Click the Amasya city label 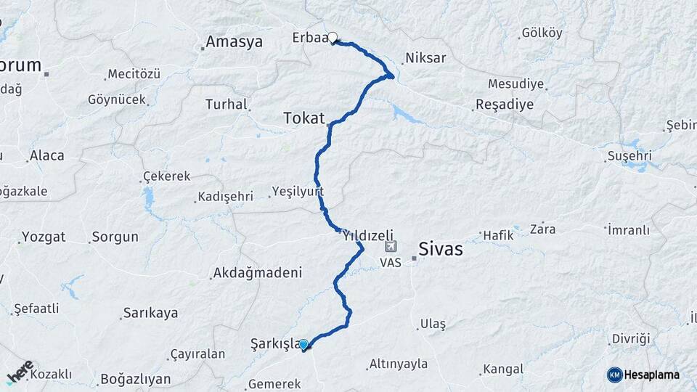pyautogui.click(x=234, y=42)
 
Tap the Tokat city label pyautogui.click(x=303, y=118)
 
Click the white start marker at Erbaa pyautogui.click(x=333, y=38)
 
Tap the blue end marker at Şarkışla pyautogui.click(x=303, y=345)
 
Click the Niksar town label pyautogui.click(x=425, y=58)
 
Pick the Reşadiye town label pyautogui.click(x=505, y=105)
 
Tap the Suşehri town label pyautogui.click(x=630, y=156)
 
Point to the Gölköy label pyautogui.click(x=542, y=33)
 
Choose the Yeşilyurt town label pyautogui.click(x=297, y=192)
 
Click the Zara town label pyautogui.click(x=542, y=229)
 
